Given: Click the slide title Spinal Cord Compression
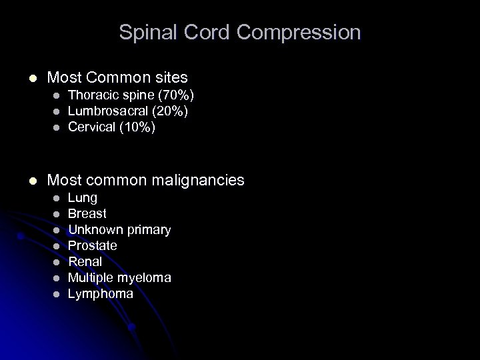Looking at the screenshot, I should pos(240,32).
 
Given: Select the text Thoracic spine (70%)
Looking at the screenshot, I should pos(131,96).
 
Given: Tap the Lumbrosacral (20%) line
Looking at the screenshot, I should pos(128,111).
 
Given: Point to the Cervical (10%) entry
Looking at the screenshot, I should pos(112,127).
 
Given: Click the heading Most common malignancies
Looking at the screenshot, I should pos(146,180).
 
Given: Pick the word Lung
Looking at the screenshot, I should pos(83,198).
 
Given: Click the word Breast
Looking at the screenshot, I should pos(87,214).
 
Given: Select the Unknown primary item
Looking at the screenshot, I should pos(119,230).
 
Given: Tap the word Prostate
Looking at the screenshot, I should pos(93,246).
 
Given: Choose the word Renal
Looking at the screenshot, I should pos(85,262).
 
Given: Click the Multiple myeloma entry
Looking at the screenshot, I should pos(119,277).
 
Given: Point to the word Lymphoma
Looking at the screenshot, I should pos(101,293).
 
